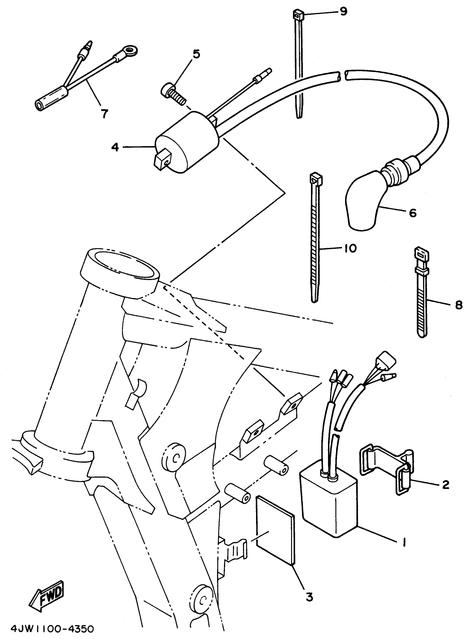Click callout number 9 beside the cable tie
(x=343, y=12)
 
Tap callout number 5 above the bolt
(x=196, y=54)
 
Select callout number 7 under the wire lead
(x=105, y=114)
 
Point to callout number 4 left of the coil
(x=115, y=147)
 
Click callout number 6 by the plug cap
(x=412, y=213)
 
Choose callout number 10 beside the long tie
(x=351, y=248)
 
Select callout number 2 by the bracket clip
(x=446, y=484)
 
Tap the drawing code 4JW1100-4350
(x=52, y=629)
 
